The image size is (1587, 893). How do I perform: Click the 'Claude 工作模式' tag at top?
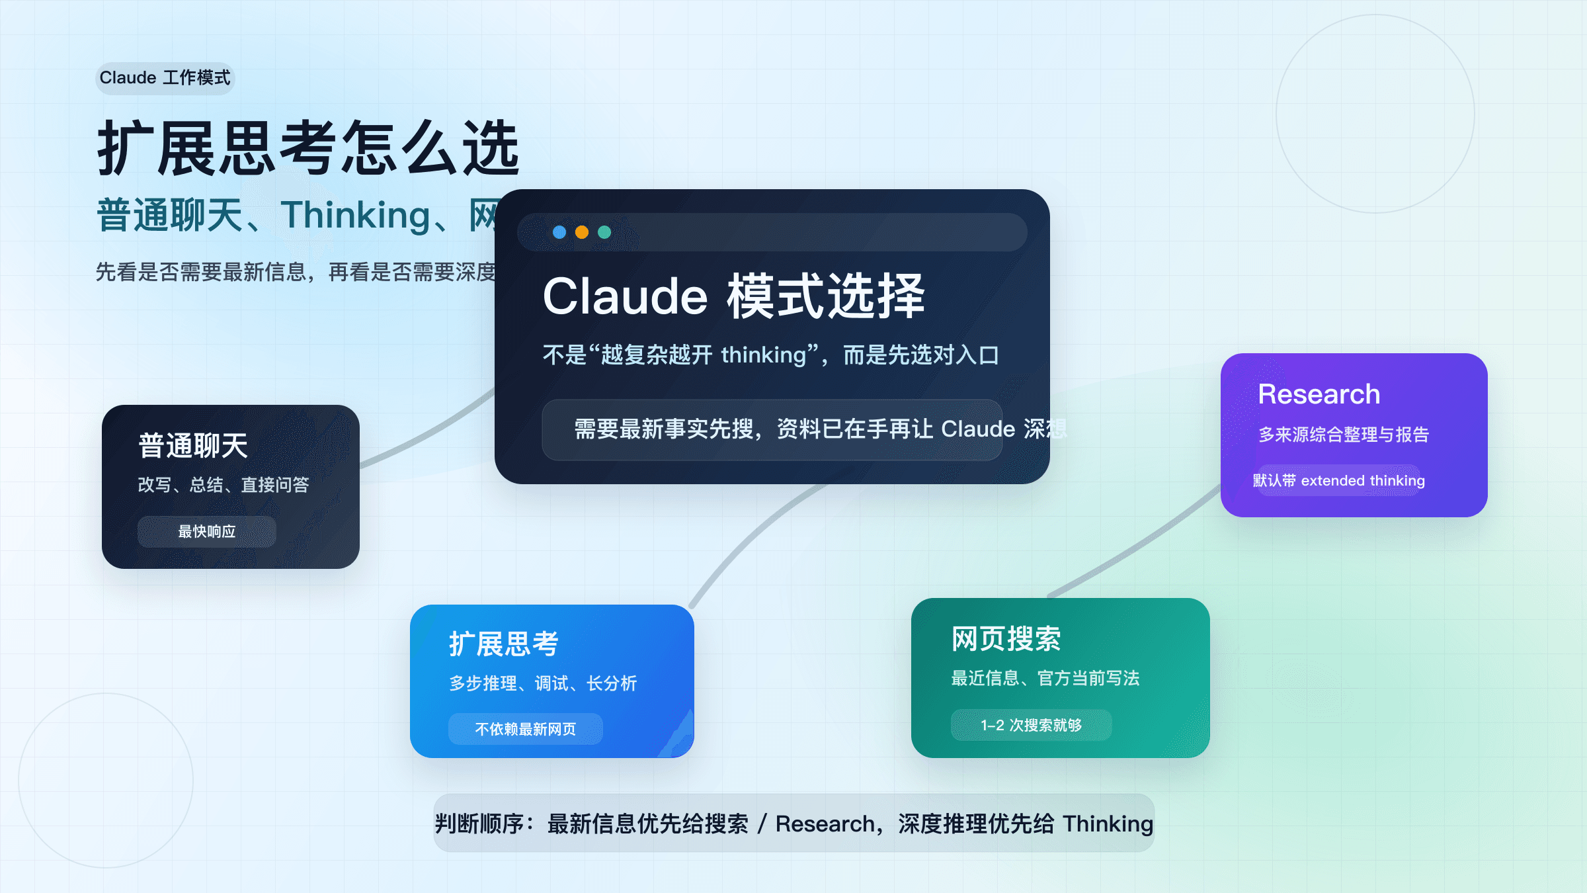pos(165,78)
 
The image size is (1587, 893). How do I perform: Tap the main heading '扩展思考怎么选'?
pos(308,148)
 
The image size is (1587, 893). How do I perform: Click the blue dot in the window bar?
pos(559,232)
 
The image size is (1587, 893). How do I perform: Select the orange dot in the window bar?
pos(582,232)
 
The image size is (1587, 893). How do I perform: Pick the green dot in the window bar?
pos(604,232)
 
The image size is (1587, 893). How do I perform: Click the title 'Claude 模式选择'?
pos(733,296)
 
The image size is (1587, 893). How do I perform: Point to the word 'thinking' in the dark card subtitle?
pos(763,355)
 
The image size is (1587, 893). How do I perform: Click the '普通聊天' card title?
pos(193,446)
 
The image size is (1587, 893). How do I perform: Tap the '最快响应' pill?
pos(207,532)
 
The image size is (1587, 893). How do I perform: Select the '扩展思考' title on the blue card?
pos(504,644)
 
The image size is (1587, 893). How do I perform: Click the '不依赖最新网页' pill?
pos(526,729)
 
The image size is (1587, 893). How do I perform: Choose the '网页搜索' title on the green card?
pos(1006,639)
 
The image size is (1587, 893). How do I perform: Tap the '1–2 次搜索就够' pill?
pos(1031,725)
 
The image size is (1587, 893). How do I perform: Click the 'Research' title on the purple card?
pos(1319,394)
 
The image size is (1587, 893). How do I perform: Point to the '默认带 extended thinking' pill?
pos(1339,481)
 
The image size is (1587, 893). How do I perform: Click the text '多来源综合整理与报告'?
pos(1344,435)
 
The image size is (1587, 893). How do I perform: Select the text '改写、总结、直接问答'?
pos(224,485)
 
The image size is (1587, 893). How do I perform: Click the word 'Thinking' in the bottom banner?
pos(1108,824)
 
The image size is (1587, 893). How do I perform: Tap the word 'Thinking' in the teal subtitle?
pos(355,216)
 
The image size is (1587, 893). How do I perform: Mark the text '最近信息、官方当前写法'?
pos(1045,678)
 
